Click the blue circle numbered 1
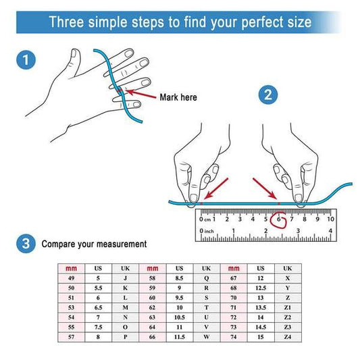coord(26,59)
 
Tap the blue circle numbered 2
coord(268,95)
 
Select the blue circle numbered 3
coord(26,244)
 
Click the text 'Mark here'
coord(178,97)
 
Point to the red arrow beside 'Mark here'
coord(141,94)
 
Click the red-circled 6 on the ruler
coord(279,220)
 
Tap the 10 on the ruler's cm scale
coord(330,219)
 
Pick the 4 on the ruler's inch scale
coord(330,230)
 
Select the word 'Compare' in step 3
coord(59,244)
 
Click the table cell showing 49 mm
coord(71,278)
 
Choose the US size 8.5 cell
coord(179,278)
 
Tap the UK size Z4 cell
coord(288,337)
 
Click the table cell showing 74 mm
coord(234,337)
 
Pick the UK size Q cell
coord(207,278)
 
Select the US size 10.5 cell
coord(179,317)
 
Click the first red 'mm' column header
coord(71,268)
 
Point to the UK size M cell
coord(125,307)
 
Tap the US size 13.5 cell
coord(261,307)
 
